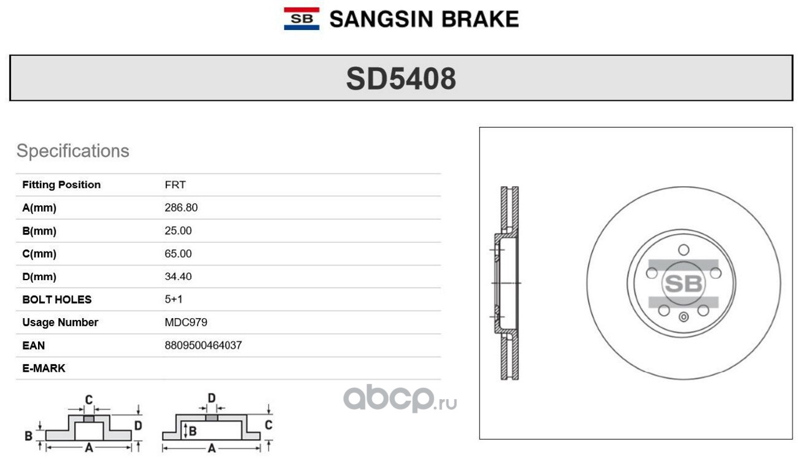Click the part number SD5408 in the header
click(x=401, y=78)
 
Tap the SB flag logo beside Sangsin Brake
click(x=301, y=19)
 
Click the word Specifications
click(x=73, y=151)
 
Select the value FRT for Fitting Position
click(x=175, y=185)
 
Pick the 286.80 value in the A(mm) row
click(x=181, y=208)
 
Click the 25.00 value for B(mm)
click(x=178, y=231)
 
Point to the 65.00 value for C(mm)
click(x=178, y=254)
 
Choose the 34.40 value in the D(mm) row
click(x=178, y=276)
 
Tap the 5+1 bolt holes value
click(x=173, y=299)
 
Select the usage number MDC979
click(x=186, y=322)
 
